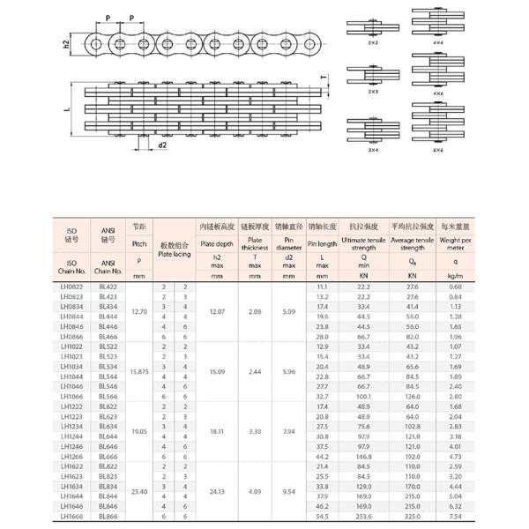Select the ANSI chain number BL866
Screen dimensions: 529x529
click(x=108, y=517)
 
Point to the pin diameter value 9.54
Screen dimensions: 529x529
click(x=289, y=488)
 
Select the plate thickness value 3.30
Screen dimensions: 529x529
click(x=254, y=431)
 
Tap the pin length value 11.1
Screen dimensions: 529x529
click(x=322, y=287)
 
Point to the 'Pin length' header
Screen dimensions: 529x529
click(x=322, y=243)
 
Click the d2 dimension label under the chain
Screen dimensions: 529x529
click(x=162, y=145)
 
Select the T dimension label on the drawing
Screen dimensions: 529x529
click(x=323, y=78)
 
